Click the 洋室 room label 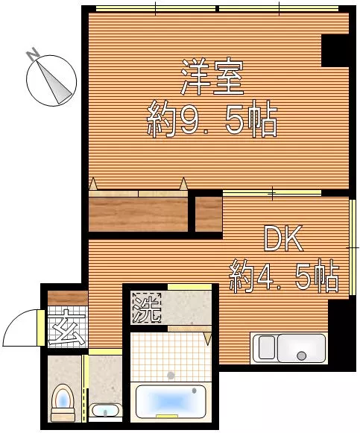[x=212, y=78]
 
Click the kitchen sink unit [x=290, y=348]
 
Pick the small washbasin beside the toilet [x=104, y=410]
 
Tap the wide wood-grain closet [x=138, y=214]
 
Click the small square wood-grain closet [x=209, y=214]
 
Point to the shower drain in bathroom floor [x=171, y=375]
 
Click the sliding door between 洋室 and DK [x=272, y=193]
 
